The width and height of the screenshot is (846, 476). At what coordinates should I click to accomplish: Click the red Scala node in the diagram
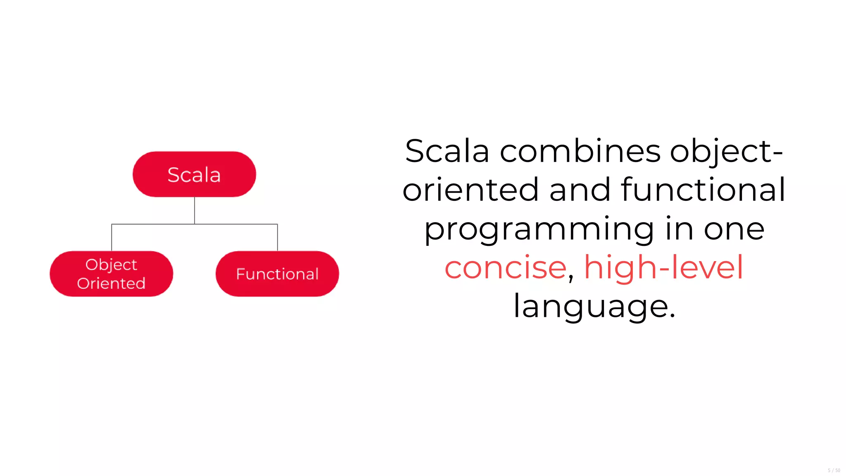[194, 174]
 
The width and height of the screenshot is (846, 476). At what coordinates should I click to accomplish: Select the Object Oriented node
[111, 274]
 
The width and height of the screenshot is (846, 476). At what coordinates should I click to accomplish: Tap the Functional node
[277, 274]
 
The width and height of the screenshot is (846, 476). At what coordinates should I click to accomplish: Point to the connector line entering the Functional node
[278, 238]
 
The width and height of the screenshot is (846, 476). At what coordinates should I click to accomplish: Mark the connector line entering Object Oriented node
[112, 238]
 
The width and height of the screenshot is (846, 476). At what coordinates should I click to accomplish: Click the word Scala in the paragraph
[447, 151]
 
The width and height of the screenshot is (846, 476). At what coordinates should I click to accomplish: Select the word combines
[580, 151]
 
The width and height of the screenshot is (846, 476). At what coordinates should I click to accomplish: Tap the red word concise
[505, 268]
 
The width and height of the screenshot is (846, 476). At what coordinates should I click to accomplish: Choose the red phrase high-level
[664, 268]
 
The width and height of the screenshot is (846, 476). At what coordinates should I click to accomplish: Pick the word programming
[539, 230]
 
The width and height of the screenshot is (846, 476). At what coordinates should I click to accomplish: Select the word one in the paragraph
[734, 230]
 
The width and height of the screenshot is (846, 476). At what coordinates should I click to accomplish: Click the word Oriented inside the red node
[111, 283]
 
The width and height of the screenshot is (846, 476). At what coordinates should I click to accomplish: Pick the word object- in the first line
[726, 151]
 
